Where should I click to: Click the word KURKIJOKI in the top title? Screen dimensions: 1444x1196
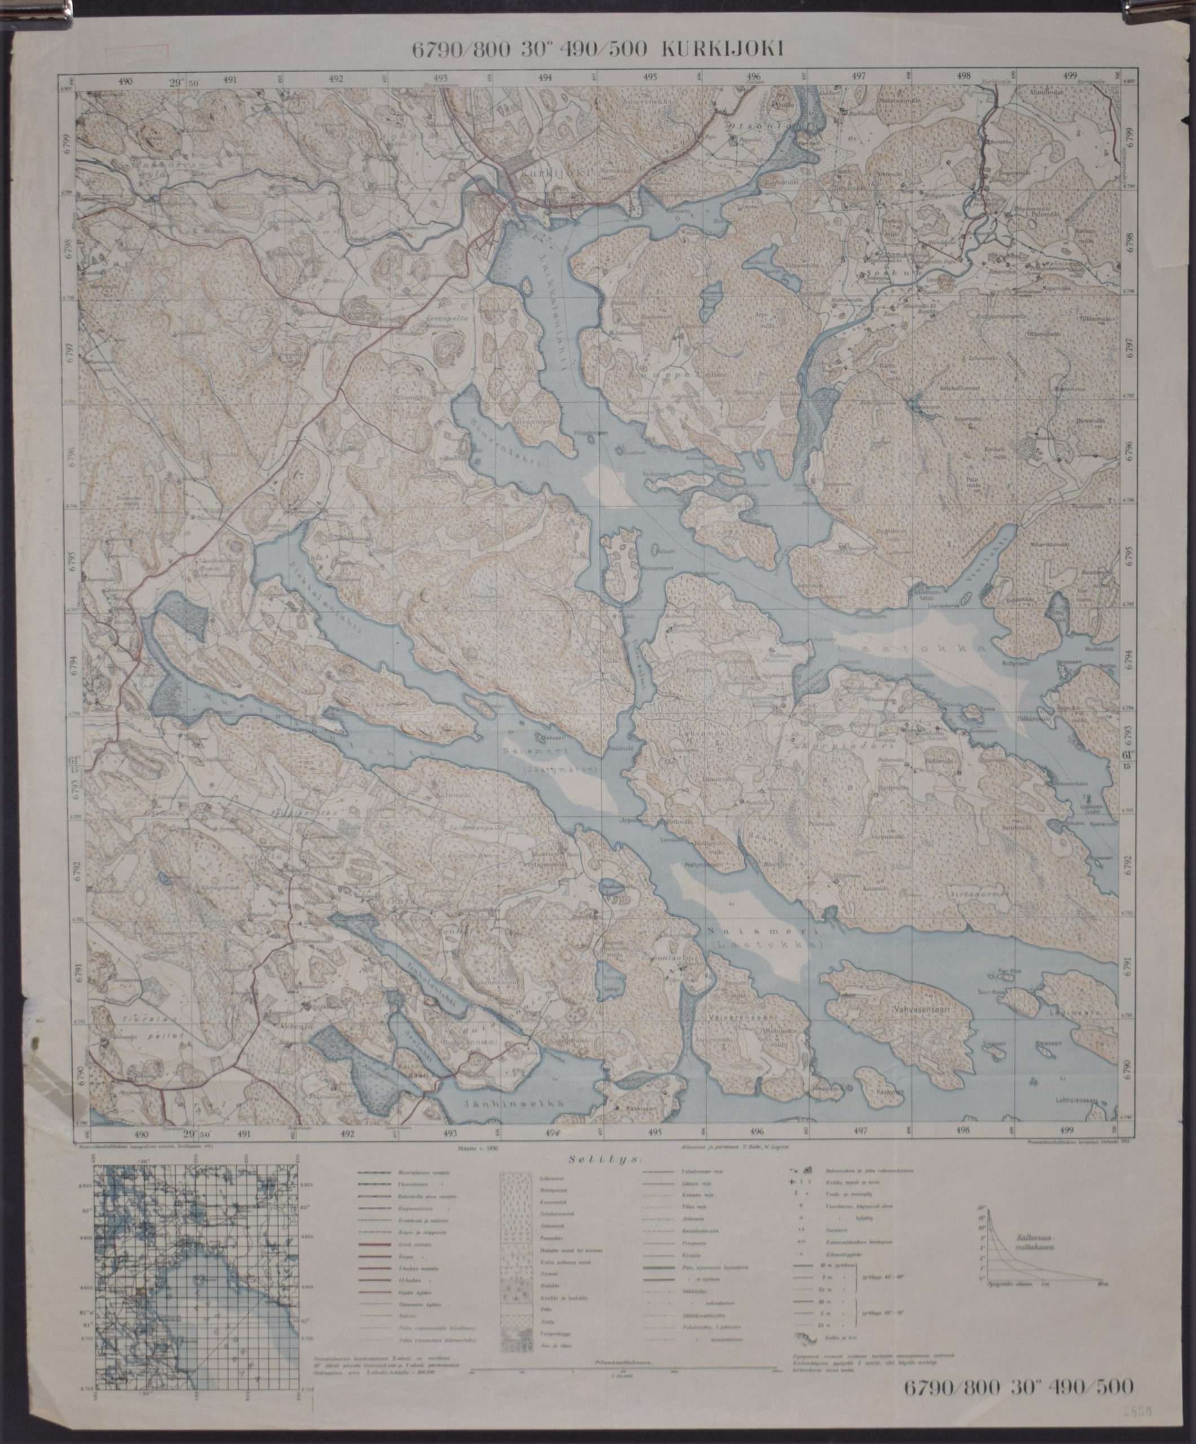point(722,49)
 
